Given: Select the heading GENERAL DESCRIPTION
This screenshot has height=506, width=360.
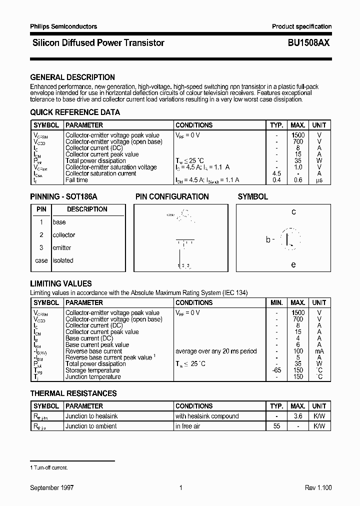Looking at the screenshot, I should (72, 77).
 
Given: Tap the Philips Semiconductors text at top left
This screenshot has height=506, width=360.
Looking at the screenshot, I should (63, 26).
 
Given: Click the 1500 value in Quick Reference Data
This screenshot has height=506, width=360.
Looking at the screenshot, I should (298, 135).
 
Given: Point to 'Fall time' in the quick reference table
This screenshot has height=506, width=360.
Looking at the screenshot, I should (76, 180).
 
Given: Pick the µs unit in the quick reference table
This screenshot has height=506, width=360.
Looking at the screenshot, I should (318, 180).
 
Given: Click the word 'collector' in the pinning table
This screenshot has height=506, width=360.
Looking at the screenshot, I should (64, 235).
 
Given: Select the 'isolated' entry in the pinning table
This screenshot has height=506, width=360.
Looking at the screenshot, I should (63, 260).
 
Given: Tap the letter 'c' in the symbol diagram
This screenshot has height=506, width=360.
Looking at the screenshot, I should (293, 212).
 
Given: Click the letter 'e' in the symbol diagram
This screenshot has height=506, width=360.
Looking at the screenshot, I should (293, 264).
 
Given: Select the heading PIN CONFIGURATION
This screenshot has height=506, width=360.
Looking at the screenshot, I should (172, 197).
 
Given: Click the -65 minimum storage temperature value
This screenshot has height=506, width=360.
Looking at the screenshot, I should (276, 370).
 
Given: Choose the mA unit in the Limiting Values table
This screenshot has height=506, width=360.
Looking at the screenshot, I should (319, 351).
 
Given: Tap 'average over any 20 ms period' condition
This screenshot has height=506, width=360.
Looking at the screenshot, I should (216, 351).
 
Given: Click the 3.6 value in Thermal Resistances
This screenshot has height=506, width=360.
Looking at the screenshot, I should (298, 416).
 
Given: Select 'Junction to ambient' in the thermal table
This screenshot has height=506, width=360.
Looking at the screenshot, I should (91, 426).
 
